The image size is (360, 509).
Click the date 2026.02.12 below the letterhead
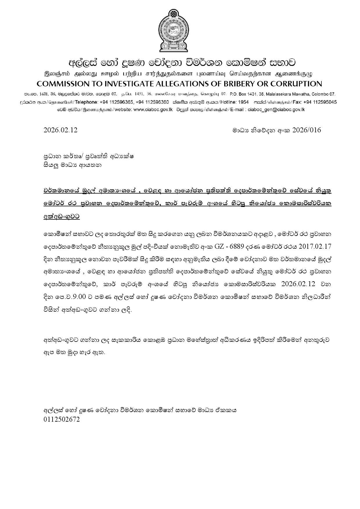coord(60,130)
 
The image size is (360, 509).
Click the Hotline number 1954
coord(243,102)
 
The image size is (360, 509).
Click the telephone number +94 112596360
coord(152,102)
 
